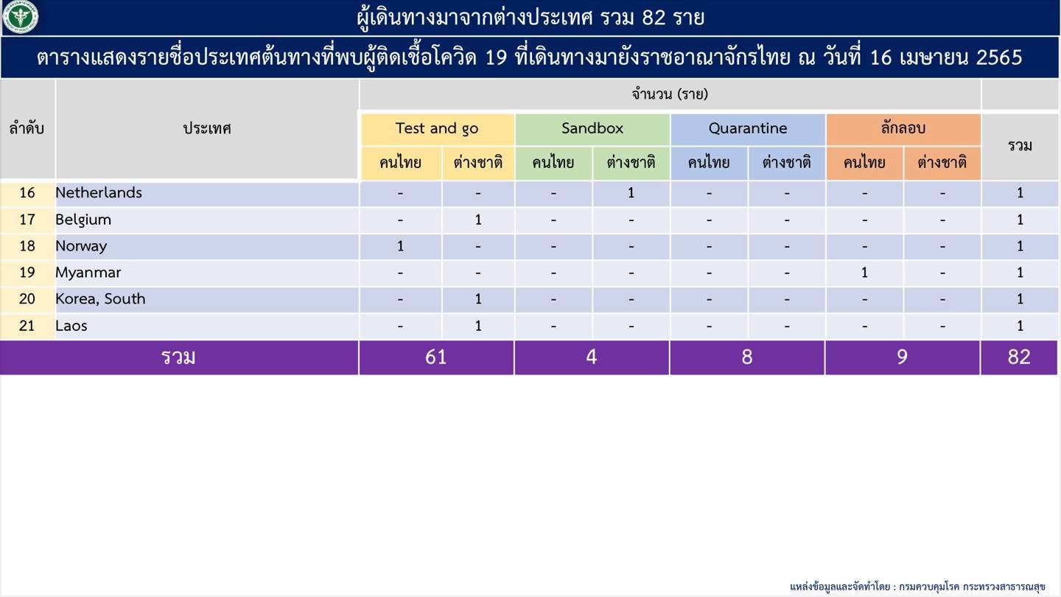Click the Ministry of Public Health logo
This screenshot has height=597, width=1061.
point(21,16)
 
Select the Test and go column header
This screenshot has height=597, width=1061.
point(437,128)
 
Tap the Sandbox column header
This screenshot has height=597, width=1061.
point(592,128)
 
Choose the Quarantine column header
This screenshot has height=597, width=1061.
point(747,128)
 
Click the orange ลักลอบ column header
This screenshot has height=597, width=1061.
point(903,128)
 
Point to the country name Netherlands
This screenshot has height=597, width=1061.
point(99,192)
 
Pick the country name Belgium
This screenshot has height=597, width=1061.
point(83,220)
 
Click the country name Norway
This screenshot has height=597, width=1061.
point(81,246)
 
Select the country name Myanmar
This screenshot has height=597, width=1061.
point(88,273)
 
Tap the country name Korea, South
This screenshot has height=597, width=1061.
point(100,299)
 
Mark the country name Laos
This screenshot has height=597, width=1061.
point(71,326)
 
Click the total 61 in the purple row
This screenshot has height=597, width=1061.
point(435,357)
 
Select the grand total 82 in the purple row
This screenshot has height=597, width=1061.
point(1019,357)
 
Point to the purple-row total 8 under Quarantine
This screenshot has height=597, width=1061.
point(747,357)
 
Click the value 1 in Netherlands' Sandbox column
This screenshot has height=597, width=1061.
point(631,193)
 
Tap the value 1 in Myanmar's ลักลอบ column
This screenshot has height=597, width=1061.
point(864,273)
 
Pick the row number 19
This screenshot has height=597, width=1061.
point(27,273)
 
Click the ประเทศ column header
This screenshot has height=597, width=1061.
point(207,128)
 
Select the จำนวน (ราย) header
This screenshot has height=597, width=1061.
point(670,94)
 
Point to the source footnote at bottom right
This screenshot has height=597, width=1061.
point(917,587)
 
